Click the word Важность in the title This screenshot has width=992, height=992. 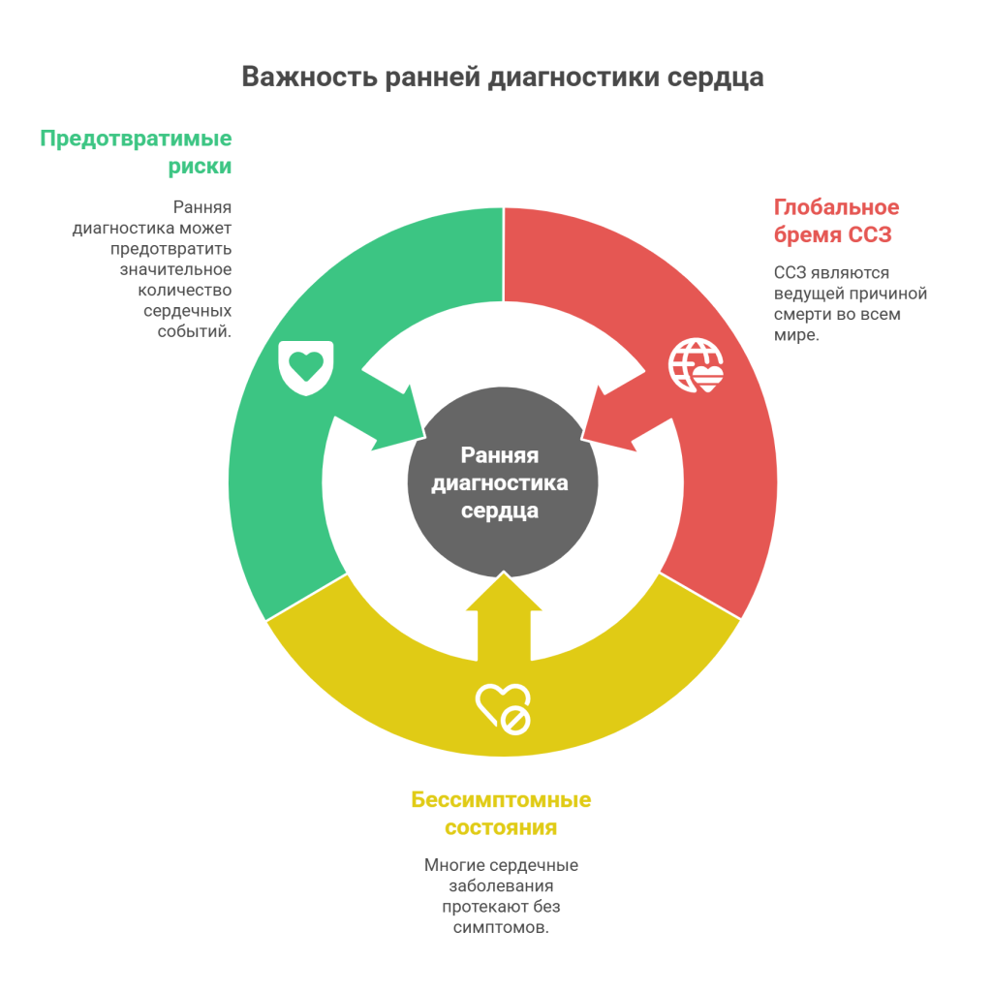pyautogui.click(x=309, y=77)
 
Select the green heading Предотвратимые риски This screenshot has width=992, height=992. pyautogui.click(x=136, y=152)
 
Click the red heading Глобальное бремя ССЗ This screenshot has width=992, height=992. pyautogui.click(x=836, y=221)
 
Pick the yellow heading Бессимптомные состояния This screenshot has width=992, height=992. pyautogui.click(x=501, y=814)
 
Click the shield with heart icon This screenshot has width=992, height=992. pyautogui.click(x=306, y=368)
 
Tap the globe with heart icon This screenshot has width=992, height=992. pyautogui.click(x=696, y=365)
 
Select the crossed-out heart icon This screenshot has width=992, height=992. pyautogui.click(x=504, y=708)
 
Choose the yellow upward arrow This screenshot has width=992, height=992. pyautogui.click(x=504, y=617)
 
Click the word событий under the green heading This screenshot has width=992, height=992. pyautogui.click(x=194, y=331)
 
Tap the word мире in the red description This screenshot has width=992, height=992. pyautogui.click(x=796, y=334)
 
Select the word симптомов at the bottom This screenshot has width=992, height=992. pyautogui.click(x=501, y=927)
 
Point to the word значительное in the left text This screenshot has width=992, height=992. pyautogui.click(x=176, y=269)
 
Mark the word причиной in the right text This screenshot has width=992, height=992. pyautogui.click(x=888, y=294)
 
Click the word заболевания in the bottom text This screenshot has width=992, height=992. pyautogui.click(x=501, y=885)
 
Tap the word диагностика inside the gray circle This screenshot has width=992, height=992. pyautogui.click(x=500, y=483)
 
